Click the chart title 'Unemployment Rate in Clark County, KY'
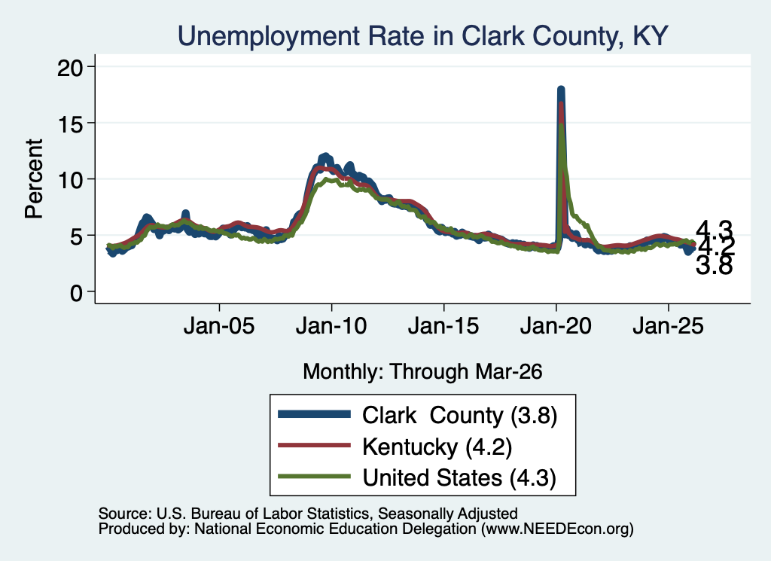click(422, 36)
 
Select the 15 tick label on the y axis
click(70, 123)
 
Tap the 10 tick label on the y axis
click(70, 180)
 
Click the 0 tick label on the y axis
click(77, 293)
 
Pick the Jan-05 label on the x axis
click(219, 326)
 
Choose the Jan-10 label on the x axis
click(331, 326)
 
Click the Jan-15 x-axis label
click(443, 326)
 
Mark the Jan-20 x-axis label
click(556, 326)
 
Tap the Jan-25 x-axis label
click(669, 326)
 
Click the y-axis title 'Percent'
click(34, 179)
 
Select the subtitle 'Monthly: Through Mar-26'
click(422, 372)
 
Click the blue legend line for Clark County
click(314, 414)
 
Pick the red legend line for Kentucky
click(314, 446)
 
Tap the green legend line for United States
click(314, 477)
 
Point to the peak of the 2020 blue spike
click(560, 89)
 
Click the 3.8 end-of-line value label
click(715, 266)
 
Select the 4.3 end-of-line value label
click(715, 229)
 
